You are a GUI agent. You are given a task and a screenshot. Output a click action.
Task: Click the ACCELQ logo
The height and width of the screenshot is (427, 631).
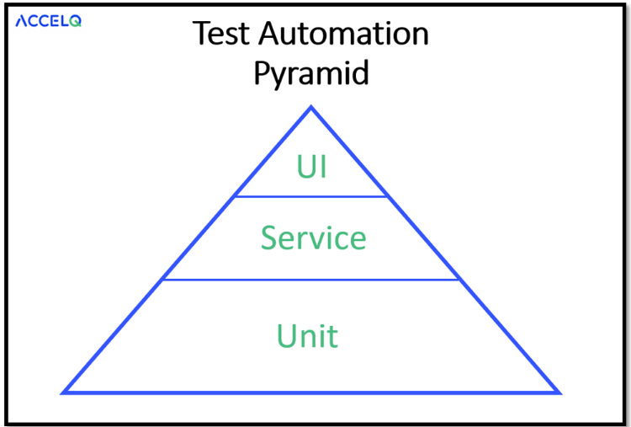[x=48, y=21]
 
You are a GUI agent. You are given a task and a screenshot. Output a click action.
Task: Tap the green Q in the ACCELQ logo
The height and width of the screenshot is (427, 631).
[x=76, y=22]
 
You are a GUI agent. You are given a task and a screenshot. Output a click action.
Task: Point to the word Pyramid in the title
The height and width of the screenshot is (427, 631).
[x=311, y=73]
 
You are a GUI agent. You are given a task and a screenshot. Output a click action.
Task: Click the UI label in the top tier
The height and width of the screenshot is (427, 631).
[x=311, y=167]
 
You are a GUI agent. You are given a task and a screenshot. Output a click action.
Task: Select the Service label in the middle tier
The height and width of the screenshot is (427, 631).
[x=313, y=238]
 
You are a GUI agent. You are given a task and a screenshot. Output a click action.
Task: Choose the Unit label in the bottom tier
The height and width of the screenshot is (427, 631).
[x=308, y=336]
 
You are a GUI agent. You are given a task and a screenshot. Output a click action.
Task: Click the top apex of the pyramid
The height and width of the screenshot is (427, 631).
[x=311, y=108]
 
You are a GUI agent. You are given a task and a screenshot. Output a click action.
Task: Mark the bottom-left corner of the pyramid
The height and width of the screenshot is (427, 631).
[x=65, y=392]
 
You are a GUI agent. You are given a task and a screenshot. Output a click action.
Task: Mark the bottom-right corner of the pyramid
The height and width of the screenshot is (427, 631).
[x=558, y=392]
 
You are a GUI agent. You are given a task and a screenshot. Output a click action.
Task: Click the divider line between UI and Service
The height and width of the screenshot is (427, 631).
[x=311, y=196]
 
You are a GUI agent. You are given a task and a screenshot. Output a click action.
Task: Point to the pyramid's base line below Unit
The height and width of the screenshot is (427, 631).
[x=311, y=392]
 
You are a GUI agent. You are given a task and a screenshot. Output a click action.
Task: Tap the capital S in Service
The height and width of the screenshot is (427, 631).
[x=270, y=238]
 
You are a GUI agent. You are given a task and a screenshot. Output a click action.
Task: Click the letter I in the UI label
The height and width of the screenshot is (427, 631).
[x=322, y=167]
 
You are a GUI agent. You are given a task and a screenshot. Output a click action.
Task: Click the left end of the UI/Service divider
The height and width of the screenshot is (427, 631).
[x=236, y=196]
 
